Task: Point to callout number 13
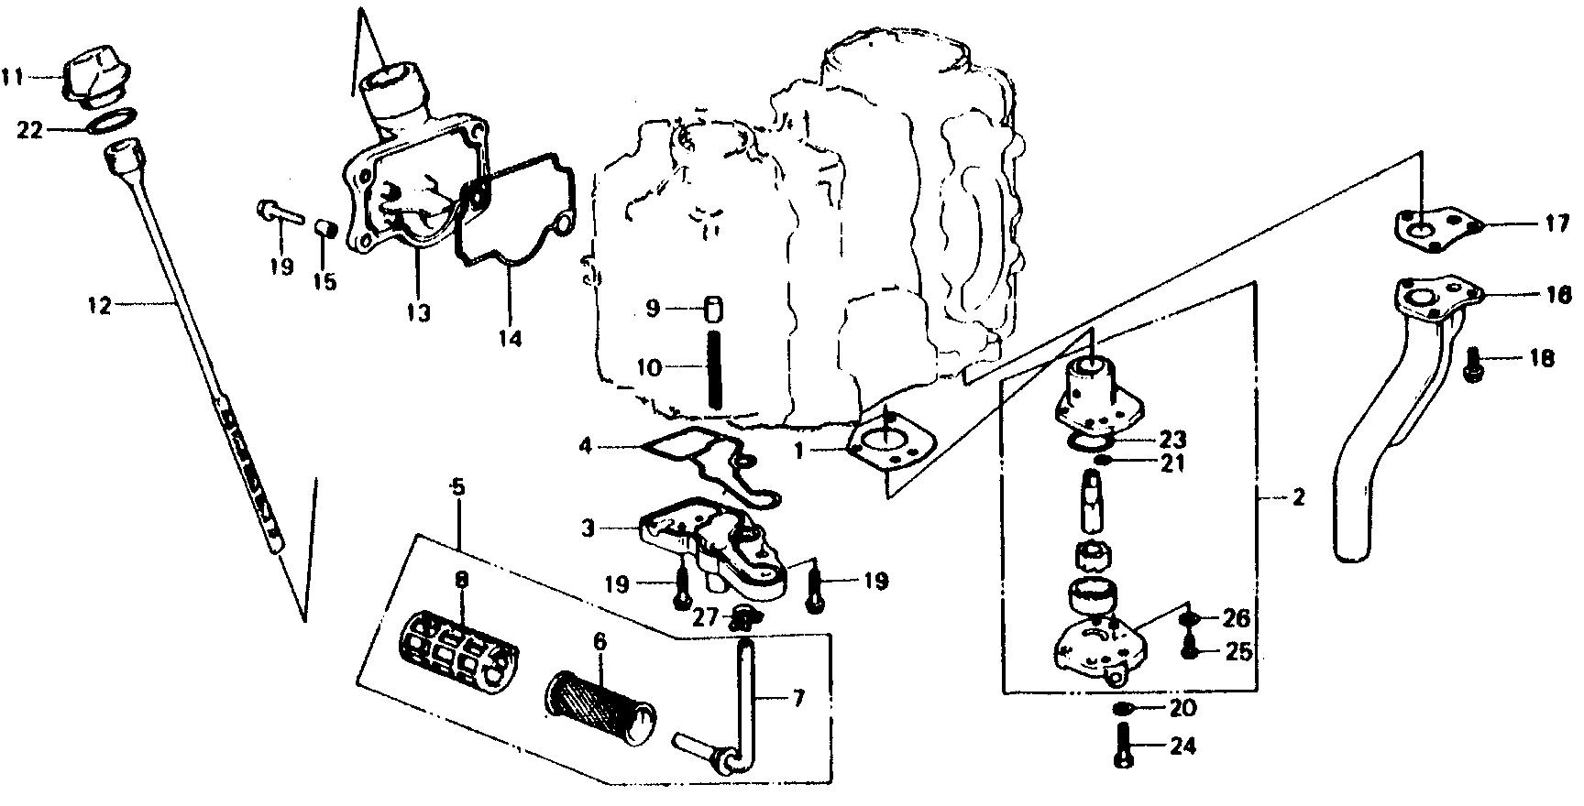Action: [x=418, y=313]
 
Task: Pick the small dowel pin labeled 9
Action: [x=711, y=308]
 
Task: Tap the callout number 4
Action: [x=586, y=446]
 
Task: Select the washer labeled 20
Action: [x=1123, y=709]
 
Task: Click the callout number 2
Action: [x=1298, y=499]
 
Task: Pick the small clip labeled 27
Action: [x=744, y=617]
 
